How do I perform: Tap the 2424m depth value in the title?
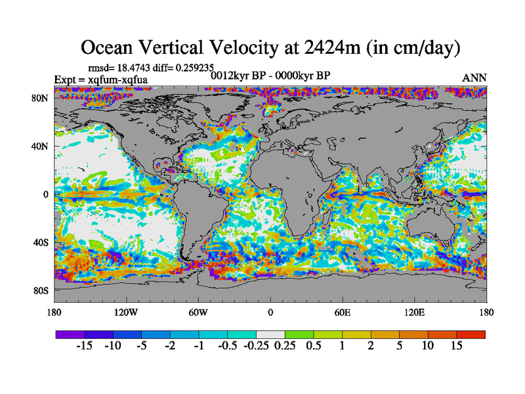point(329,47)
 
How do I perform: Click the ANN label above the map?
point(474,78)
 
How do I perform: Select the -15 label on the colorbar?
point(85,346)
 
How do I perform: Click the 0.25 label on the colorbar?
point(285,346)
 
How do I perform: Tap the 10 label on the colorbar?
point(428,346)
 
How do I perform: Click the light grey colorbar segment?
point(270,334)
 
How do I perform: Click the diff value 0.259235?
point(176,67)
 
